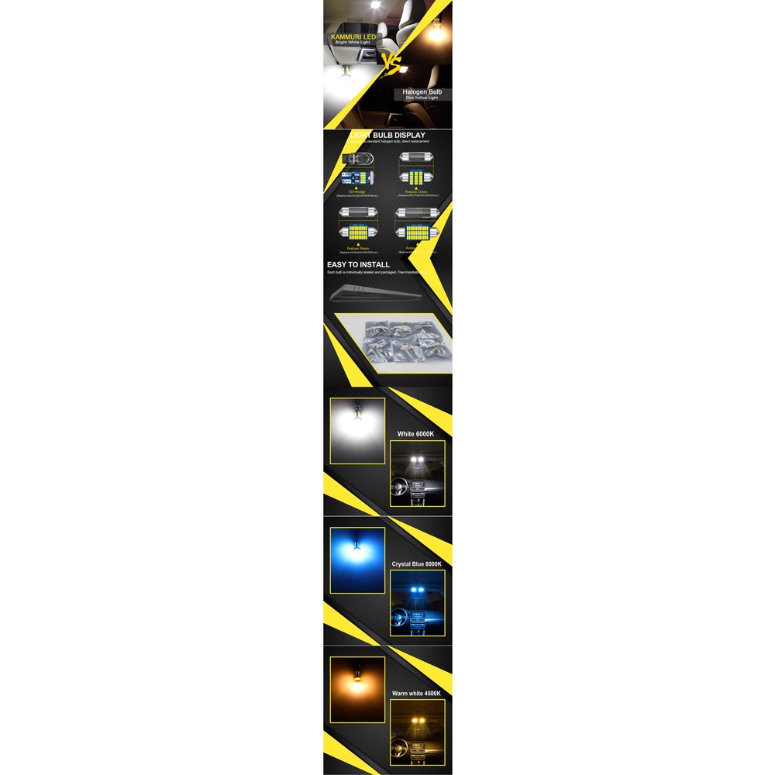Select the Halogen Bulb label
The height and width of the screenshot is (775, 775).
tap(422, 91)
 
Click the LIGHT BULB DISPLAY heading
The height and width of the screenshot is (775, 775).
tap(387, 135)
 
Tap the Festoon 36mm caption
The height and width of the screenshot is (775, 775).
tap(357, 247)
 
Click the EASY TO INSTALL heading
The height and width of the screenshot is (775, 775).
tap(358, 265)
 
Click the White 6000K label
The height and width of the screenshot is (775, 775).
tap(416, 434)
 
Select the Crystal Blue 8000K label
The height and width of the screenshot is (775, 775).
tap(417, 564)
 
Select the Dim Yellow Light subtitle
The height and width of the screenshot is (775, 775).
tap(422, 98)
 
